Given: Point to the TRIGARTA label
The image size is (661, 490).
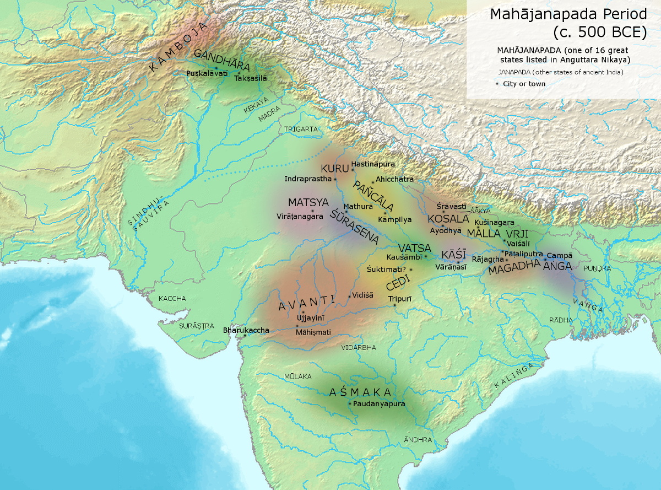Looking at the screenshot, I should (301, 128).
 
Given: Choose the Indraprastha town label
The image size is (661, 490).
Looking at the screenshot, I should (308, 179).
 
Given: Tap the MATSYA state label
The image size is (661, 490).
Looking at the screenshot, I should (308, 202).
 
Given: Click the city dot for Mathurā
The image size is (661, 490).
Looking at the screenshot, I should (346, 212).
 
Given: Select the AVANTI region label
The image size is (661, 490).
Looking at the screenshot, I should (306, 303).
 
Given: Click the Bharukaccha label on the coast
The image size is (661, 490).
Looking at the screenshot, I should (246, 330).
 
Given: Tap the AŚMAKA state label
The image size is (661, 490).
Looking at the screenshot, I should (360, 392).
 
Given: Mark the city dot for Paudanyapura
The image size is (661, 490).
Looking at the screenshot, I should (350, 404).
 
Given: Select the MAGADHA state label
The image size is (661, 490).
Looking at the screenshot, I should (513, 268).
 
